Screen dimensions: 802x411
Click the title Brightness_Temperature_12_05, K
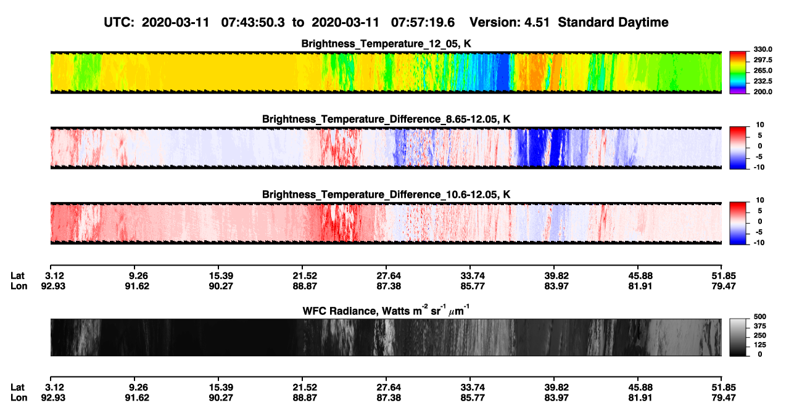pos(386,44)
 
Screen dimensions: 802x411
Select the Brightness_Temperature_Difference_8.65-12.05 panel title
pos(386,119)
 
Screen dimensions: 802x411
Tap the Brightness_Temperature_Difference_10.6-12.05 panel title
pos(386,195)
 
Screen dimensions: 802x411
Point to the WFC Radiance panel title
pos(386,310)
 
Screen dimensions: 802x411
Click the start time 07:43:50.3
pos(253,23)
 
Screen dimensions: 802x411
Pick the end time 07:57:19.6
pos(423,23)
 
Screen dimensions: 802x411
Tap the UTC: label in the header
pos(119,23)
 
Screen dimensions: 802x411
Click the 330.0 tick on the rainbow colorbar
pos(763,49)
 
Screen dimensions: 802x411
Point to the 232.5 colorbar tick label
pos(763,81)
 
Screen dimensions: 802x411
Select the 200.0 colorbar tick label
pos(763,92)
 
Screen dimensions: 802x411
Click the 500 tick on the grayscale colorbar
pos(760,317)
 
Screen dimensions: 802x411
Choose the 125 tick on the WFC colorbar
pos(760,345)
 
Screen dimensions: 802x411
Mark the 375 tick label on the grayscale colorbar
pos(760,326)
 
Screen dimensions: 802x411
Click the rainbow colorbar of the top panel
pos(738,73)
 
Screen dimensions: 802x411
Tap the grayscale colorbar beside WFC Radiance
pos(738,337)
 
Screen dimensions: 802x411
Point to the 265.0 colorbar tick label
pos(763,70)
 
